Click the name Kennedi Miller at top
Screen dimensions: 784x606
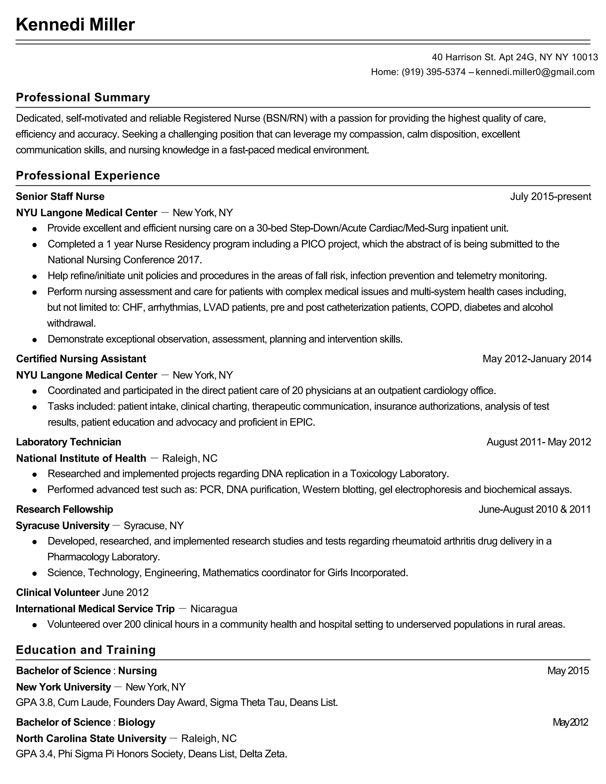[x=75, y=25]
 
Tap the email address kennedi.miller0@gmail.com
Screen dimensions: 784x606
[x=535, y=72]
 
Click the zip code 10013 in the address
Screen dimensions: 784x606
[x=584, y=57]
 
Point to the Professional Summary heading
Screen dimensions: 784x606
[x=83, y=97]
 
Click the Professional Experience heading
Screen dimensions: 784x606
[x=88, y=175]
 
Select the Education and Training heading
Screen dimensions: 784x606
[x=86, y=650]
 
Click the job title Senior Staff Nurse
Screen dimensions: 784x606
[x=60, y=196]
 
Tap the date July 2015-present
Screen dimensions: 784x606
[x=550, y=196]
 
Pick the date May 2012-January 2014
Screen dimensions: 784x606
[x=537, y=359]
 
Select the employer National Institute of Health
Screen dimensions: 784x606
[x=81, y=458]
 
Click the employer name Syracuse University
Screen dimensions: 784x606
[x=62, y=525]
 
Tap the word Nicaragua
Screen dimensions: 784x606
[x=214, y=609]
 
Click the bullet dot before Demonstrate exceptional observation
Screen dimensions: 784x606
[x=34, y=340]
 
